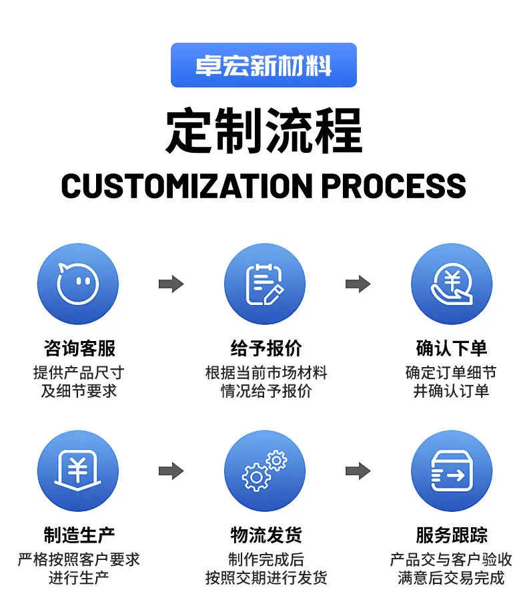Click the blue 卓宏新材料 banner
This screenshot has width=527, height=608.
pyautogui.click(x=263, y=65)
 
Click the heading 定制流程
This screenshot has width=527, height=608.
pyautogui.click(x=264, y=131)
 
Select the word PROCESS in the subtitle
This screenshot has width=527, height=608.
pyautogui.click(x=394, y=186)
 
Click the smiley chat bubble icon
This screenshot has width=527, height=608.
pyautogui.click(x=78, y=284)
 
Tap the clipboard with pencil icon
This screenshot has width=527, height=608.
pyautogui.click(x=265, y=284)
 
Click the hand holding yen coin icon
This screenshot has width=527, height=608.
pyautogui.click(x=452, y=284)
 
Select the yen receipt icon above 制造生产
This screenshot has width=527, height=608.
pyautogui.click(x=78, y=471)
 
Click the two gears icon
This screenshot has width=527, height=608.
pyautogui.click(x=265, y=471)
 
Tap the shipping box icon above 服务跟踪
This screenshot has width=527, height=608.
pyautogui.click(x=452, y=471)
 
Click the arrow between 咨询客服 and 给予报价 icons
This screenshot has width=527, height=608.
pyautogui.click(x=171, y=284)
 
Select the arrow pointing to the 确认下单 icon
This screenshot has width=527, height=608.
pyautogui.click(x=358, y=284)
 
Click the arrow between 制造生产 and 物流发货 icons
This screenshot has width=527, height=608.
pyautogui.click(x=171, y=471)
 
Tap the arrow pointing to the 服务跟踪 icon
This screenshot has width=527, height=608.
pyautogui.click(x=358, y=471)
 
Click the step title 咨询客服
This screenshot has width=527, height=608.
pyautogui.click(x=79, y=348)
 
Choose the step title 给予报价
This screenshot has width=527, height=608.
pyautogui.click(x=266, y=348)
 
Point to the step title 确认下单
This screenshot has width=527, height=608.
pyautogui.click(x=452, y=348)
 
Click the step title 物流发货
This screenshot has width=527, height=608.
pyautogui.click(x=266, y=535)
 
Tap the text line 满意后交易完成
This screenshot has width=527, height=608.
pyautogui.click(x=452, y=578)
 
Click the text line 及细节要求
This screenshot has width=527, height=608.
pyautogui.click(x=79, y=391)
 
